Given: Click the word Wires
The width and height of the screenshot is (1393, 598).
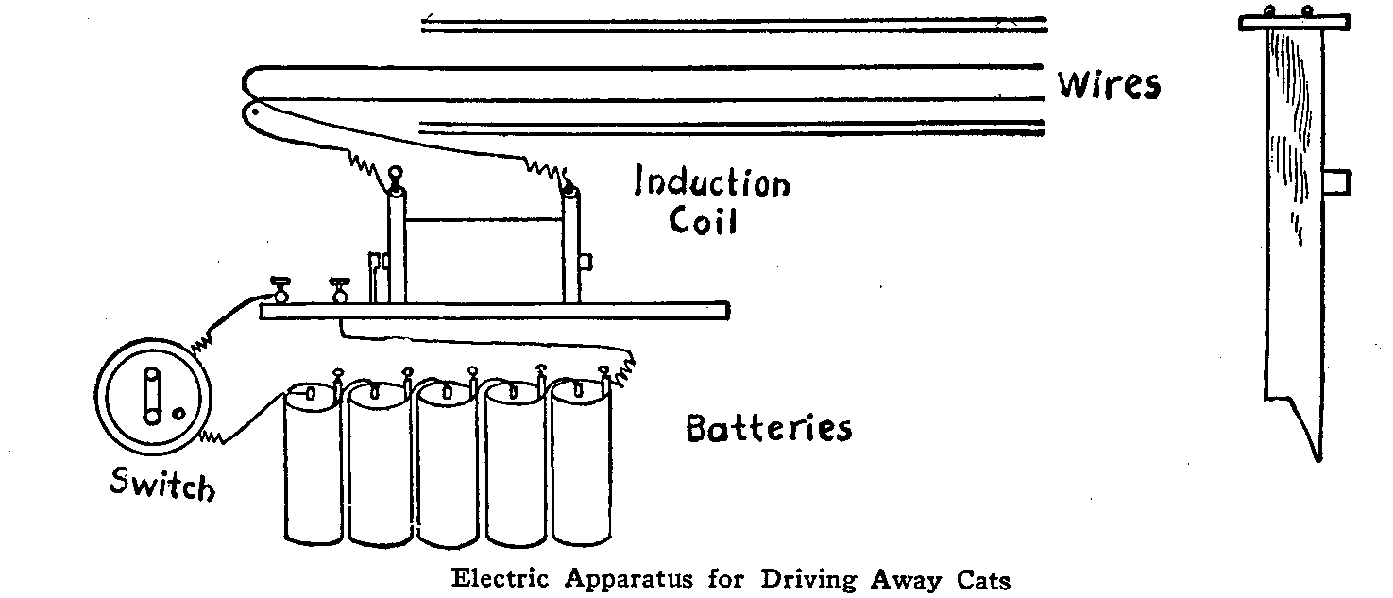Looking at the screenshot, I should [1108, 84].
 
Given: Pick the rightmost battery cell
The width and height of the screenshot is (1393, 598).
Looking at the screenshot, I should [580, 463].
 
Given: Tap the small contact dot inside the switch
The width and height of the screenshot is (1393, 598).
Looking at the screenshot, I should [178, 413].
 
